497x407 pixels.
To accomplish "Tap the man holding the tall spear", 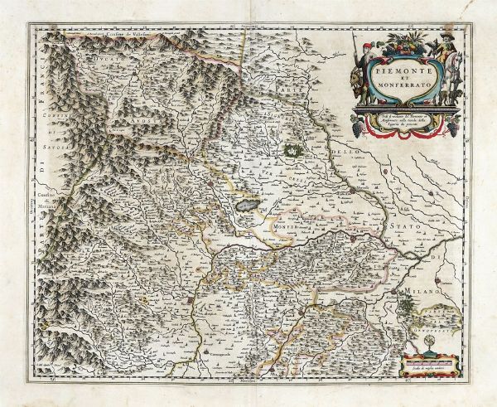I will (x=362, y=54).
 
